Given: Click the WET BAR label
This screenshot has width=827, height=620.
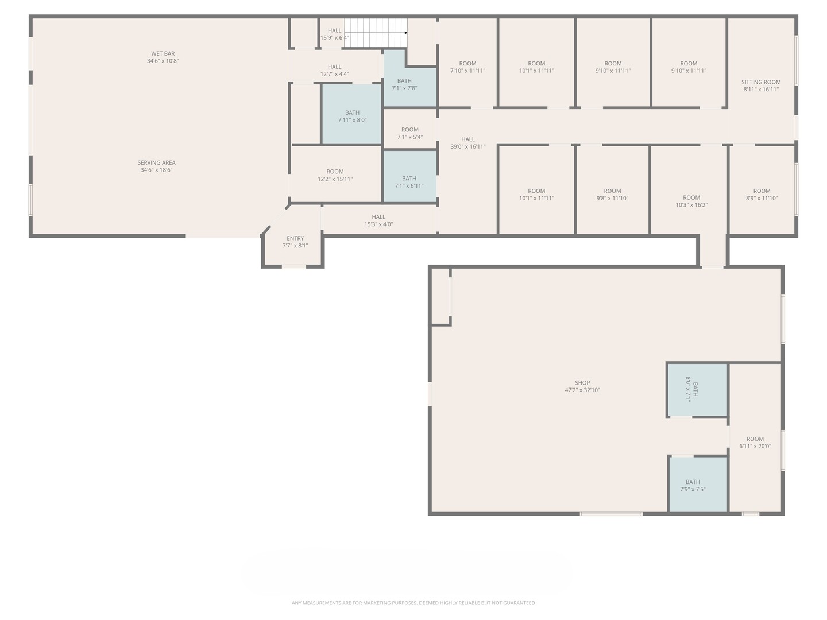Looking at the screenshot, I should tap(163, 54).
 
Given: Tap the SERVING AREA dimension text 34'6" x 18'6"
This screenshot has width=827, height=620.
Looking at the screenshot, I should tap(156, 170).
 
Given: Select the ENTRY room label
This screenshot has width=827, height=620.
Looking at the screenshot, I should tap(295, 238).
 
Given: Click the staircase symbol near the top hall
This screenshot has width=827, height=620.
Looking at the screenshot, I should tap(376, 33).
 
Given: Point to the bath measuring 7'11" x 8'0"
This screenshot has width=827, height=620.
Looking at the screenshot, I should tap(352, 117).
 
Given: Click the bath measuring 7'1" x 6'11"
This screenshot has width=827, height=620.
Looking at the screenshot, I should tap(409, 182).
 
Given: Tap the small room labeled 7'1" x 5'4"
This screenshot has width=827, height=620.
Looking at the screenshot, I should tap(410, 133).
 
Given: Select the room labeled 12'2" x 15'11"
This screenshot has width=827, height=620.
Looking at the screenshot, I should tap(335, 175).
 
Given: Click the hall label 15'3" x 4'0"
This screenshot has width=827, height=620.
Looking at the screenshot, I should tap(378, 220).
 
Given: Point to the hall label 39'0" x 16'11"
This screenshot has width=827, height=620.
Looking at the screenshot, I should tap(468, 143).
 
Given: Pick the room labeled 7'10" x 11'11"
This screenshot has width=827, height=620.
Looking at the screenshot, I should tap(467, 67).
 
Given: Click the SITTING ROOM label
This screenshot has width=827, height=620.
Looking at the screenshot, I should tap(761, 82).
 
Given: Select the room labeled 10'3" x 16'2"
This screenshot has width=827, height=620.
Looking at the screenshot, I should tap(691, 201).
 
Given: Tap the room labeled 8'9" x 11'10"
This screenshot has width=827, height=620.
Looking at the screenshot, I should tap(762, 195).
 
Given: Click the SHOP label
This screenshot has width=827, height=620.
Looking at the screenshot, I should tap(582, 383).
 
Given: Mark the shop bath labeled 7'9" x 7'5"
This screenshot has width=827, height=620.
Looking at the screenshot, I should tap(693, 486).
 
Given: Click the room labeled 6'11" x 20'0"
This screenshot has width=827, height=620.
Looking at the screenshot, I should tap(755, 443).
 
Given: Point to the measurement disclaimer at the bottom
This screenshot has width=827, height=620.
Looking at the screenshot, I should tap(413, 603).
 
